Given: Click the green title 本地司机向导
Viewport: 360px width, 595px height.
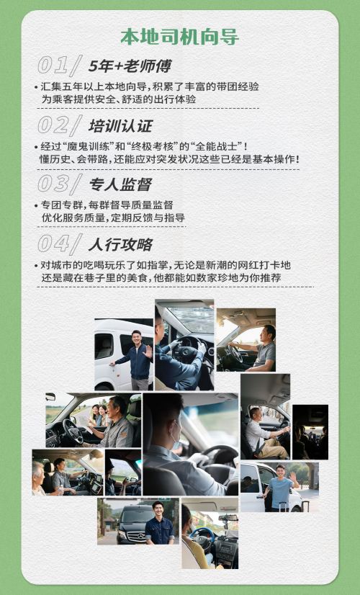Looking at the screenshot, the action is coord(179,37).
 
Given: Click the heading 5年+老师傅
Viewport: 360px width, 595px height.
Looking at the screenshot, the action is coord(130,66).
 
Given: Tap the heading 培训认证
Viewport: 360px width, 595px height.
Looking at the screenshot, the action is coord(120,125).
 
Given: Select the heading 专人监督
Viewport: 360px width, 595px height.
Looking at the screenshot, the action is coord(120,184).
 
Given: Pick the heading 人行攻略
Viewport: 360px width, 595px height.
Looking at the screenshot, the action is coord(120,244).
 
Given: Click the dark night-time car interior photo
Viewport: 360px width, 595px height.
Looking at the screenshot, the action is coord(310,431).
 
